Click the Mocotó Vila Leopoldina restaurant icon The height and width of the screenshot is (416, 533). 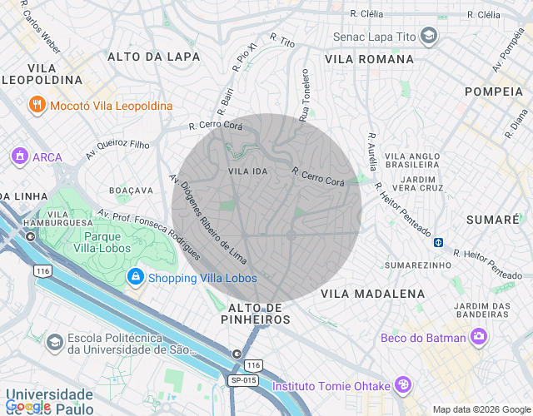point(37,106)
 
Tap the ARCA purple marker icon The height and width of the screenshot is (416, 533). point(19,156)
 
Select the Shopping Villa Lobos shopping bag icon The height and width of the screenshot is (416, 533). point(134,277)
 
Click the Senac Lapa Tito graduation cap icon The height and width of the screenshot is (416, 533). point(428,37)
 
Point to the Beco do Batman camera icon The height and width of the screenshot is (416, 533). point(479,337)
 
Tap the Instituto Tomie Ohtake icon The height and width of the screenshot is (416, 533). point(403,385)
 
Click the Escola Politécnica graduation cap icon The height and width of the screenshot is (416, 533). point(54,343)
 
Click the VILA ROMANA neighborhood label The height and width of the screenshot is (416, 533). point(369,59)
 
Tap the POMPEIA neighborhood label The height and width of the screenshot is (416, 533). point(493,91)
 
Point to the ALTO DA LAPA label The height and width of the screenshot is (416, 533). point(154,57)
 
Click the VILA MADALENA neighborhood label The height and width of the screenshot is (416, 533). point(373,294)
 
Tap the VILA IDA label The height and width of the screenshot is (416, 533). point(248,171)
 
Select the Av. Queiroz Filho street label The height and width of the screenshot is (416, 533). point(117,150)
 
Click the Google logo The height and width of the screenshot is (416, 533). point(28,406)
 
